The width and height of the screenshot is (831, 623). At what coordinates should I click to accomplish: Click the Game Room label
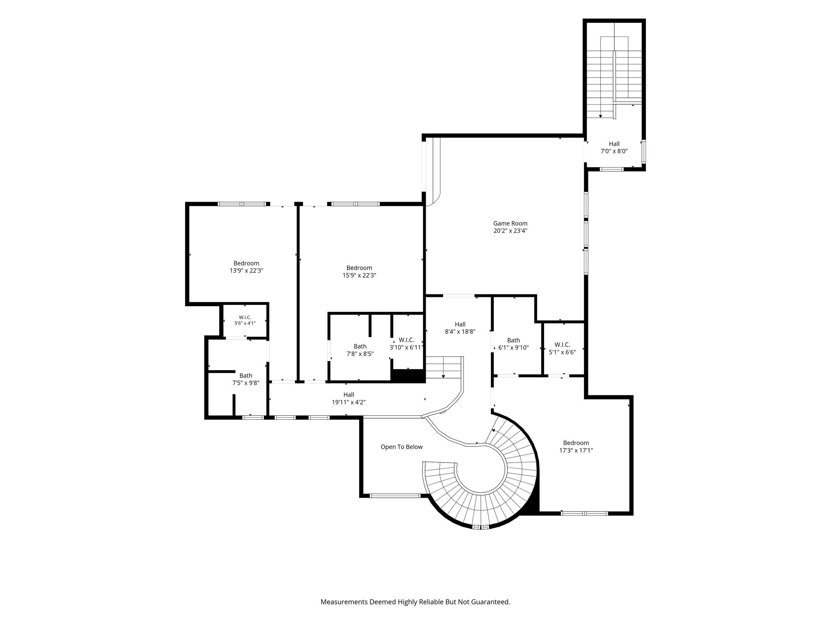(x=510, y=223)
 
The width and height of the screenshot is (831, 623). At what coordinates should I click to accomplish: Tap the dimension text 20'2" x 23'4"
(x=510, y=231)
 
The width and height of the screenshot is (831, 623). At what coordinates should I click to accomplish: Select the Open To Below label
(x=401, y=447)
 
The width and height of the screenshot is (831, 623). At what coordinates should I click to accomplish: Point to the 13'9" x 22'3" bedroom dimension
(x=246, y=271)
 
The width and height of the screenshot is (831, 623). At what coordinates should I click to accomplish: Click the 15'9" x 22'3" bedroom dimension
(x=359, y=275)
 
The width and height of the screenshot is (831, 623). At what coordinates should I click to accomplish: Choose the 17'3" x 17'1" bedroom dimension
(x=576, y=450)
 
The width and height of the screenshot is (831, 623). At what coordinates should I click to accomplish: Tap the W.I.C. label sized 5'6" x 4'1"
(x=245, y=317)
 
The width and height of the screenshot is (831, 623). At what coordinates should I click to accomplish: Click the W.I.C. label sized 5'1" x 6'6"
(x=562, y=345)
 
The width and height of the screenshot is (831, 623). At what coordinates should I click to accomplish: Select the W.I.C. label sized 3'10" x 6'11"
(x=406, y=340)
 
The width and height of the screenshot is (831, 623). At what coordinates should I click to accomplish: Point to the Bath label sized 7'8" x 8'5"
(x=360, y=346)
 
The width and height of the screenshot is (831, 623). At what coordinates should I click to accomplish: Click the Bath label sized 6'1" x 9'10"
(x=513, y=340)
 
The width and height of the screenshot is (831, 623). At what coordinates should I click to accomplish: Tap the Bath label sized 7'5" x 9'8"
(x=245, y=376)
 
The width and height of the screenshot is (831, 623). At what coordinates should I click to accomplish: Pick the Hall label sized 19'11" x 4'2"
(x=349, y=395)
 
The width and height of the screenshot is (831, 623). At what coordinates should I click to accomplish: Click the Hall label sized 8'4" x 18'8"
(x=460, y=324)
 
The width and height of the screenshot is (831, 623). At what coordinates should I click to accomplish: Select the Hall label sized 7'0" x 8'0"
(x=614, y=144)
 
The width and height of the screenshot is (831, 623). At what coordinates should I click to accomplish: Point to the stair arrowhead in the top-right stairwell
(x=601, y=116)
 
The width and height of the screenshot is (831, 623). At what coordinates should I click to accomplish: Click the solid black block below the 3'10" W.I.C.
(x=408, y=376)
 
